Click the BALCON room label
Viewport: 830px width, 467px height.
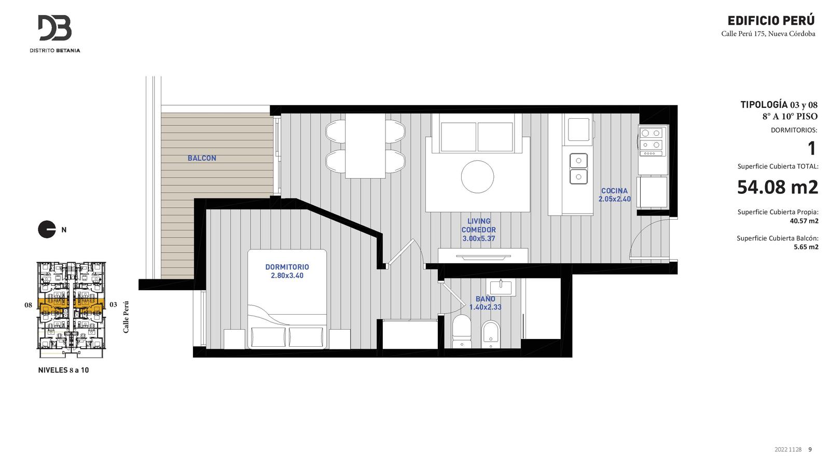pyautogui.click(x=202, y=158)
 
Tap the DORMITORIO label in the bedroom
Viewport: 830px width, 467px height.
pyautogui.click(x=287, y=266)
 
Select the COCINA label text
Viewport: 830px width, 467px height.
pyautogui.click(x=614, y=191)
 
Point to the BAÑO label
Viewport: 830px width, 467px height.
pyautogui.click(x=486, y=299)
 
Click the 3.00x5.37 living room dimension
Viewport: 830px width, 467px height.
pyautogui.click(x=479, y=238)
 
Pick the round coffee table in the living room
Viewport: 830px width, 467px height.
pyautogui.click(x=477, y=177)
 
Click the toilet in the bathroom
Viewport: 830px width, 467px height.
pyautogui.click(x=462, y=331)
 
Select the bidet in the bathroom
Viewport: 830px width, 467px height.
pyautogui.click(x=491, y=334)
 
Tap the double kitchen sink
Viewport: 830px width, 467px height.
pyautogui.click(x=578, y=168)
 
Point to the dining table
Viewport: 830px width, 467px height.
pyautogui.click(x=365, y=146)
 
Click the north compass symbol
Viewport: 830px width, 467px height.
pyautogui.click(x=47, y=230)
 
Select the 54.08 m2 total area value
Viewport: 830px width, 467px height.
pyautogui.click(x=778, y=187)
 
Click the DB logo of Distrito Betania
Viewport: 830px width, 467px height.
pyautogui.click(x=55, y=28)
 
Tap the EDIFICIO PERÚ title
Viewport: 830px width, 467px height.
pyautogui.click(x=771, y=20)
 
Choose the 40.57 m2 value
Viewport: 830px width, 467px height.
pyautogui.click(x=804, y=221)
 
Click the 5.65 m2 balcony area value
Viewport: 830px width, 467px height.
pyautogui.click(x=806, y=247)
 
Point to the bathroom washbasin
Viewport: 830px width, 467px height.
pyautogui.click(x=501, y=287)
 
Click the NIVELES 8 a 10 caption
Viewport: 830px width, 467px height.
pyautogui.click(x=63, y=370)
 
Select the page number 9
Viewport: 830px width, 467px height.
pyautogui.click(x=810, y=449)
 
